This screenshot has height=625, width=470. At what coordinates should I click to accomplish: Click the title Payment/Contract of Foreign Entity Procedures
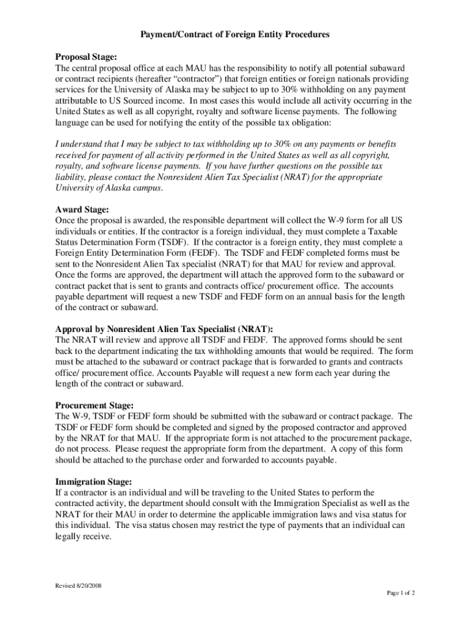tap(235, 35)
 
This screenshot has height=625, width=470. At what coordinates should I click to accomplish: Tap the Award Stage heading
tap(82, 209)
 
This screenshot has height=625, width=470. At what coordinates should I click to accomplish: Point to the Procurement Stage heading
tap(94, 405)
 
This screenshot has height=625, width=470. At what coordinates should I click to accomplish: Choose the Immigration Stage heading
tap(93, 481)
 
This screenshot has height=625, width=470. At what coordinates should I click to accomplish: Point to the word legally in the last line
tap(68, 536)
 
